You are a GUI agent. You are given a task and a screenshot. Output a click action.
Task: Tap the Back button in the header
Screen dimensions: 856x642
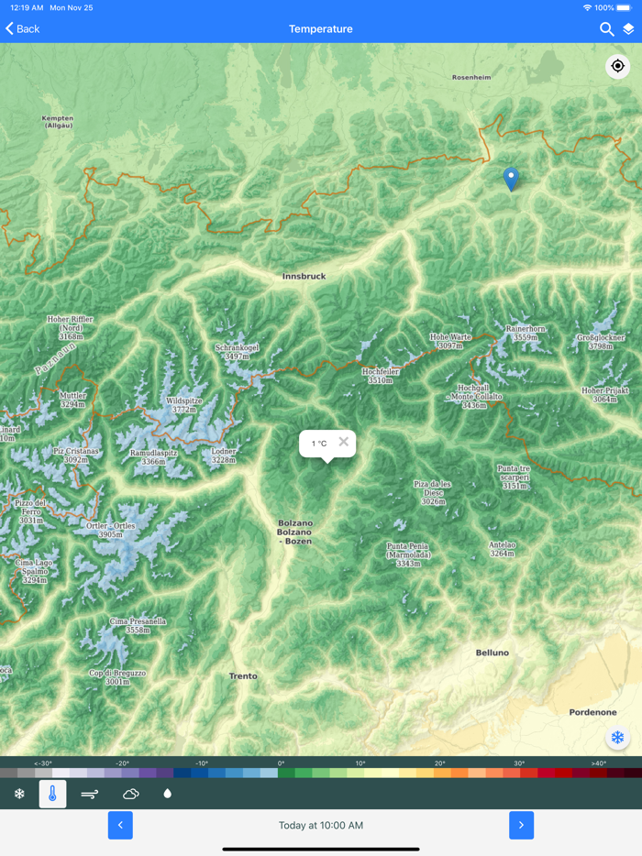(x=23, y=29)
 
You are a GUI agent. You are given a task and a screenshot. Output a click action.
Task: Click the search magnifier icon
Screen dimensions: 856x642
(x=606, y=29)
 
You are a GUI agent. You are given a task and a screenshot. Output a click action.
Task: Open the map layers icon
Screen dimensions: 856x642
(x=628, y=29)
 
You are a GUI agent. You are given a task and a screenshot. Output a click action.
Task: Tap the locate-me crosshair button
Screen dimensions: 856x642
(x=617, y=66)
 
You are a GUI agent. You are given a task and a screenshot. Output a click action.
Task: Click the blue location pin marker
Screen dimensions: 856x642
(x=511, y=179)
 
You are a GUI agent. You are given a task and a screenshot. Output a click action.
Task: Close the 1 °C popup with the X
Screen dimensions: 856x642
(x=343, y=442)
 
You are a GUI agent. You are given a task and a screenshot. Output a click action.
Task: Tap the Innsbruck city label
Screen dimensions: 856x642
(x=304, y=276)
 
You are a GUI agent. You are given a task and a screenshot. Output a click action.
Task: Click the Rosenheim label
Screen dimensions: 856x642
(x=471, y=78)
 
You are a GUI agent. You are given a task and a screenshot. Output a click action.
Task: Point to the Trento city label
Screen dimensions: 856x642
(x=243, y=676)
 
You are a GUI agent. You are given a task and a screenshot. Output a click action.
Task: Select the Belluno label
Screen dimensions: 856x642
(x=492, y=653)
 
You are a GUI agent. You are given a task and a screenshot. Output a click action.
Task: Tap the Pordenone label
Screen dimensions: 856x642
(x=592, y=712)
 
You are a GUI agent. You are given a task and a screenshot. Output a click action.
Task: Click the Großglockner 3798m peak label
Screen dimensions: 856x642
(x=601, y=342)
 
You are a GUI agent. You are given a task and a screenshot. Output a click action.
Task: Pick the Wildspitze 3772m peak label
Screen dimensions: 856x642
(x=183, y=405)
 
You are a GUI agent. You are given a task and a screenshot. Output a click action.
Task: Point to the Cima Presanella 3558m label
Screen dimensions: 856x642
(x=138, y=626)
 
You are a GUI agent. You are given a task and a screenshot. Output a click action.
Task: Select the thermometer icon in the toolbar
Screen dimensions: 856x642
(x=52, y=794)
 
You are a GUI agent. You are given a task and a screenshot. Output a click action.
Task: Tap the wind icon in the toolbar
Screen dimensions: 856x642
(x=90, y=794)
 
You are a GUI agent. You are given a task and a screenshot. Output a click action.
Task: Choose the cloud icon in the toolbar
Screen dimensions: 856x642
(x=130, y=794)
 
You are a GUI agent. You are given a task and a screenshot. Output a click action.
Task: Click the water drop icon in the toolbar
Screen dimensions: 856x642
(x=167, y=794)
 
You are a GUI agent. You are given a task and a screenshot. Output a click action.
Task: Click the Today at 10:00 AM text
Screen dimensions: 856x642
(x=320, y=826)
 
